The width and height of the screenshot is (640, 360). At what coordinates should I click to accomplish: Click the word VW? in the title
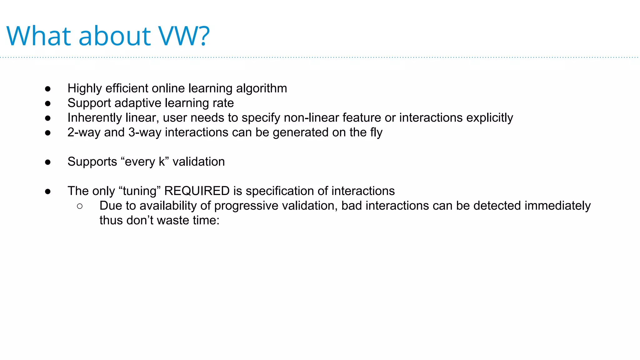184,36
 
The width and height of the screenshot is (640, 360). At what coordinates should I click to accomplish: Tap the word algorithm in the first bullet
261,88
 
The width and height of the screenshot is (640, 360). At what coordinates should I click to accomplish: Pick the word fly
376,132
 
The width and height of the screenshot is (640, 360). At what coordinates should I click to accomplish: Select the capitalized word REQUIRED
197,191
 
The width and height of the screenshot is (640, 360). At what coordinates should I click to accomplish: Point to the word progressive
246,206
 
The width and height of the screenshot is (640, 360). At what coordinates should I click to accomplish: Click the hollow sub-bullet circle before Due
80,206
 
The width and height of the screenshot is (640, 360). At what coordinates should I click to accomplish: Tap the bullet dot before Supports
48,162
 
